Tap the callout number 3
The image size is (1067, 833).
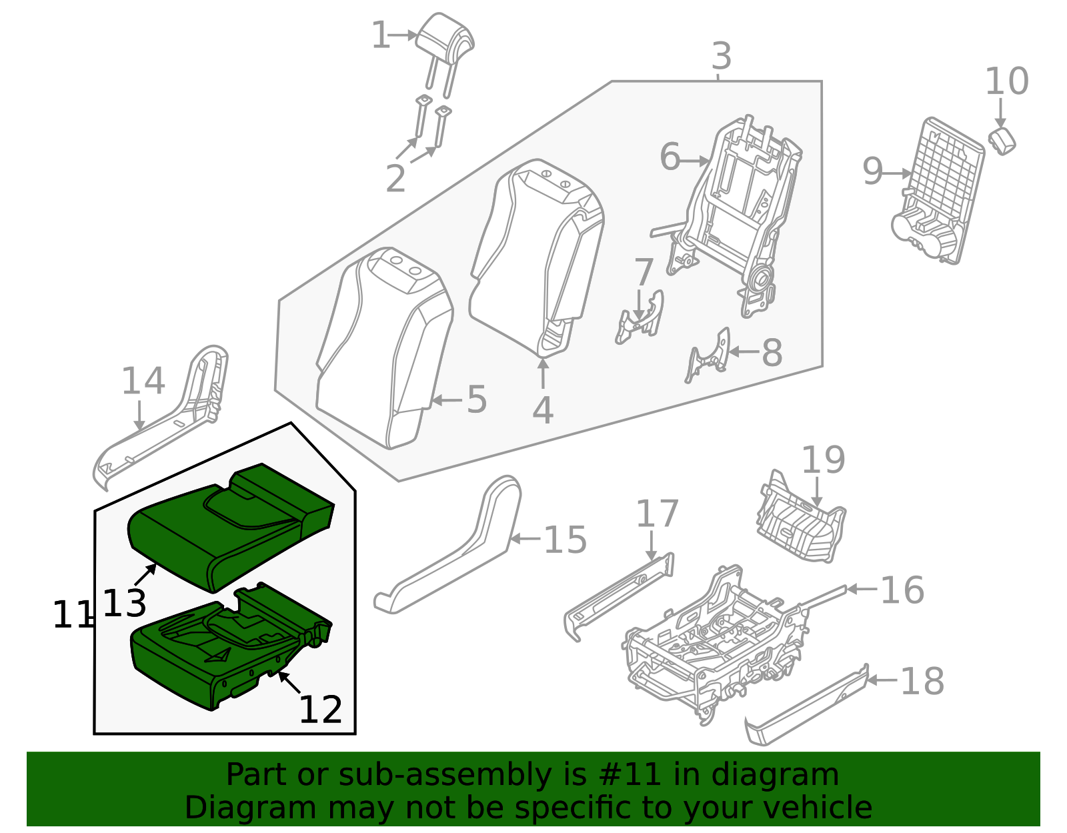721,57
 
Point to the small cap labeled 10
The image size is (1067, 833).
1002,140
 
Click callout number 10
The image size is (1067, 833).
1006,82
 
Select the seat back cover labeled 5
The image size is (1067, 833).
383,347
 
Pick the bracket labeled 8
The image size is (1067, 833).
710,353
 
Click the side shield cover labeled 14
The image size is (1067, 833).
167,420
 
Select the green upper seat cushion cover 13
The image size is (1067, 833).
227,527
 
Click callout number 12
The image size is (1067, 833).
320,710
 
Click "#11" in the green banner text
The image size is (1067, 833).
630,775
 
